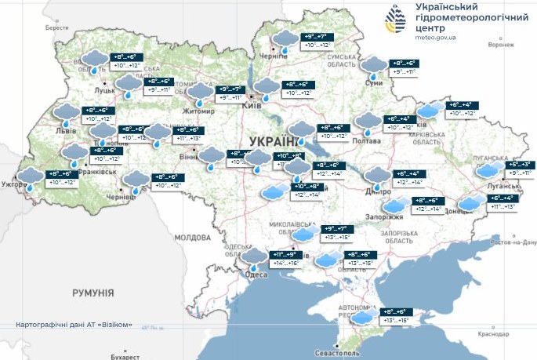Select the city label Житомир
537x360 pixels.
pos(198,111)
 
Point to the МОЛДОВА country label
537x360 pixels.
pos(193,237)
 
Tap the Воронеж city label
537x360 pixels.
pos(500,45)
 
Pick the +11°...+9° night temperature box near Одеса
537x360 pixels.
pos(284,255)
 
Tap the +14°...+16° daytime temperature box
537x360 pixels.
pos(284,265)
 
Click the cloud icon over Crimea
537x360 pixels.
pos(362,318)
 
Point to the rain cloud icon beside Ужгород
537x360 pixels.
pos(32,178)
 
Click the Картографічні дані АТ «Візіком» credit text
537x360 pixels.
pos(73,325)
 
